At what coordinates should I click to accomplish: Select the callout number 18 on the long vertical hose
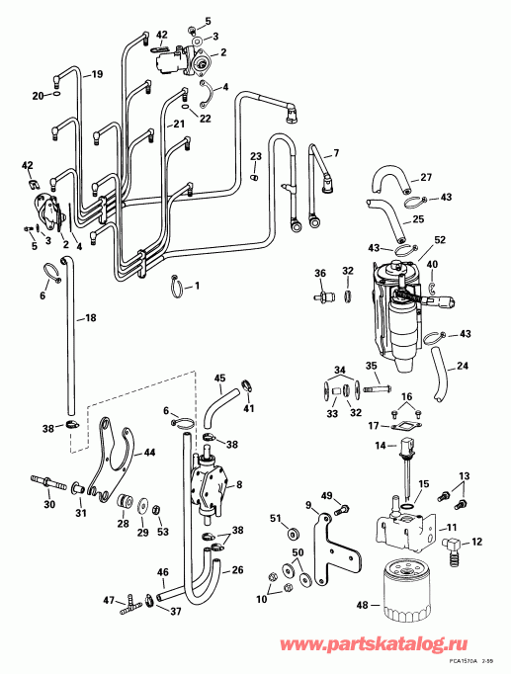[x=91, y=318]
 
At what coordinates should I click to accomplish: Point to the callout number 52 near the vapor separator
[x=440, y=239]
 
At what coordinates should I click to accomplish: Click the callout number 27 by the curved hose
[x=427, y=178]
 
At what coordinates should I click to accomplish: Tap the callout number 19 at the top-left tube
[x=97, y=74]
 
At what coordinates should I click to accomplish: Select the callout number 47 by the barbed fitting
[x=110, y=599]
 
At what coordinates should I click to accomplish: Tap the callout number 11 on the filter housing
[x=450, y=530]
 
